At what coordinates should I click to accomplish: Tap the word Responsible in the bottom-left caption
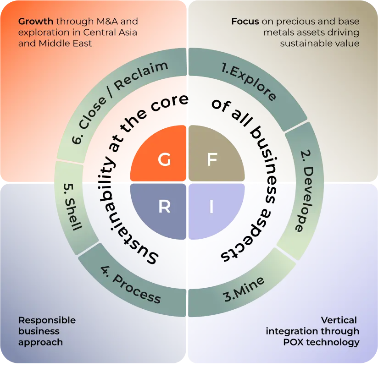click(x=47, y=320)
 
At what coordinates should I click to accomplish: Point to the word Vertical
click(x=339, y=320)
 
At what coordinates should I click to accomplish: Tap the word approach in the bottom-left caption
click(x=40, y=342)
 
